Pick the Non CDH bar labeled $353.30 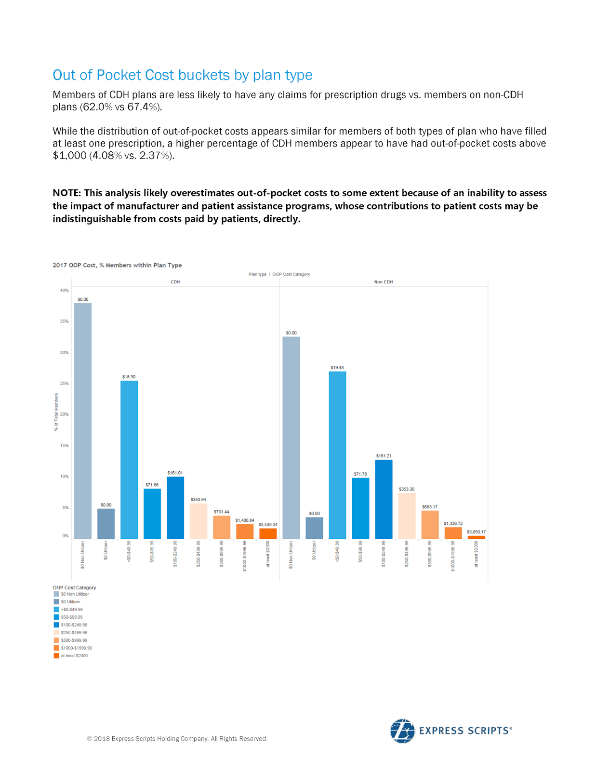point(407,516)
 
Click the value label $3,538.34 point(268,524)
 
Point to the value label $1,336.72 point(453,523)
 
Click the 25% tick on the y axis point(65,384)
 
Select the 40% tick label point(64,291)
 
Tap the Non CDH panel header point(384,282)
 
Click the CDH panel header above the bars point(175,282)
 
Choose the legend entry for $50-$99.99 point(71,617)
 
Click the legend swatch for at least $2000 point(56,656)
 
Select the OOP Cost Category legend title point(74,587)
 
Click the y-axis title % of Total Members point(56,412)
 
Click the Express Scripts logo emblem point(402,731)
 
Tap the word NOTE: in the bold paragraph point(67,193)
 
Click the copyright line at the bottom point(177,739)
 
